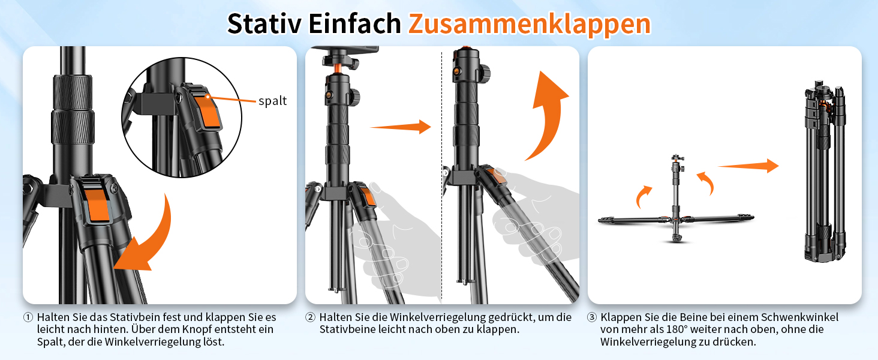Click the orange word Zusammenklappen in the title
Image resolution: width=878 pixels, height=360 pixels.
(x=529, y=23)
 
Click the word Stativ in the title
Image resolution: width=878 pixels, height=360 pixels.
(x=264, y=23)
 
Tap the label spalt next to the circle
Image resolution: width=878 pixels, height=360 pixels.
(x=273, y=101)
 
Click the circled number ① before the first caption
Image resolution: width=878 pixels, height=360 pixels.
(x=28, y=317)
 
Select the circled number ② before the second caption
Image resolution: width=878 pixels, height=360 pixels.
(x=310, y=317)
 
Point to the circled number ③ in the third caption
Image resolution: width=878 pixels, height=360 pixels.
(x=592, y=317)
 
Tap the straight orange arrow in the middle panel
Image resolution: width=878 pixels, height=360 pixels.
(x=401, y=127)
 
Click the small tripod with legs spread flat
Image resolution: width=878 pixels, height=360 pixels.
(x=676, y=210)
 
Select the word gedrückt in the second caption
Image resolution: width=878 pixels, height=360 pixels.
(x=510, y=317)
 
